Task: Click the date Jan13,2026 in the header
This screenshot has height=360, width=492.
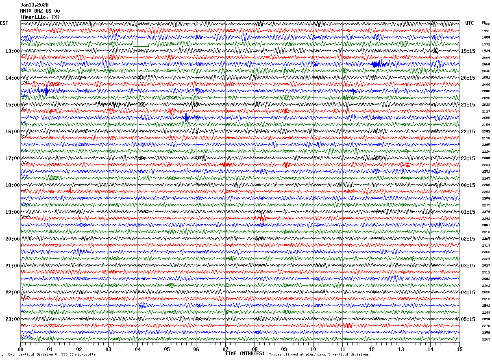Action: (x=34, y=5)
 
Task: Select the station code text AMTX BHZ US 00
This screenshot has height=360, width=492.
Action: (x=40, y=11)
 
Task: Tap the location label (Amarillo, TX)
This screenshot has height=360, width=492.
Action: (x=40, y=17)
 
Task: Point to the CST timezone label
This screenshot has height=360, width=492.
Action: (x=4, y=23)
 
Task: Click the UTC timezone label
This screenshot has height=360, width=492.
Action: (x=470, y=23)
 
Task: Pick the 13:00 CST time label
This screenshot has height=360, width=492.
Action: (x=12, y=51)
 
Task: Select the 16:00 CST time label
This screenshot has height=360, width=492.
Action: (x=12, y=132)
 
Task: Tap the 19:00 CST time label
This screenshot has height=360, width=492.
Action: (x=12, y=212)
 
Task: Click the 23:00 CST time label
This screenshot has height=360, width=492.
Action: (x=12, y=319)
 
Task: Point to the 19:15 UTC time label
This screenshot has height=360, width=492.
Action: (x=468, y=51)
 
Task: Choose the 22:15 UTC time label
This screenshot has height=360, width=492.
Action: (x=468, y=132)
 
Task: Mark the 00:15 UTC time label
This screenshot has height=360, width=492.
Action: (x=468, y=185)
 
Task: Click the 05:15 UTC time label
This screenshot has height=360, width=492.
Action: (x=468, y=319)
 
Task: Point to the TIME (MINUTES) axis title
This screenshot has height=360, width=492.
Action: (x=245, y=353)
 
